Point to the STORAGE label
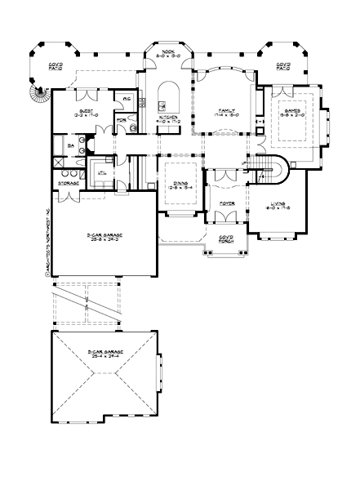[68, 184]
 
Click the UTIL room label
[102, 173]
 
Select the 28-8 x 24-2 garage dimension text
[101, 242]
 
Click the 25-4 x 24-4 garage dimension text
[104, 356]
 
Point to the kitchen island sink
[163, 105]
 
